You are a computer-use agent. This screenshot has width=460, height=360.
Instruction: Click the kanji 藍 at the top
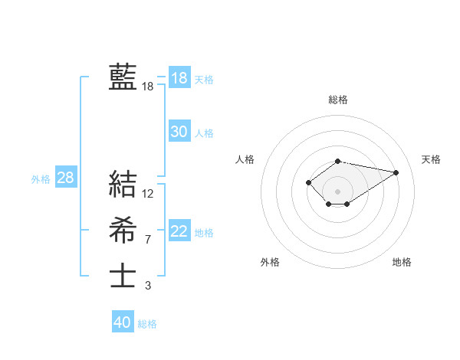click(x=123, y=77)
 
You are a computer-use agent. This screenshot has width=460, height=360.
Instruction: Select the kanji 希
click(x=123, y=231)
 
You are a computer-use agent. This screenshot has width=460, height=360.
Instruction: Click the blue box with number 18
click(x=179, y=78)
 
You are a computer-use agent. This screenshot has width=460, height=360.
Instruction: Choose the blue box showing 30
click(x=179, y=132)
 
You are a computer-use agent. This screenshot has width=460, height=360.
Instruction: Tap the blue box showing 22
click(x=179, y=231)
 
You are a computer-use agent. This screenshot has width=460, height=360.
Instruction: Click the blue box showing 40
click(x=123, y=322)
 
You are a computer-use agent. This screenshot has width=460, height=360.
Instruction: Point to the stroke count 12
click(x=148, y=194)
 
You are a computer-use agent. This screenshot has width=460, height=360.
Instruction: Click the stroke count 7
click(x=148, y=240)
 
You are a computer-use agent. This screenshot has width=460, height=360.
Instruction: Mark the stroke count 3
click(x=148, y=286)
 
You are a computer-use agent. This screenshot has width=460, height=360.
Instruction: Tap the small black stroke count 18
click(x=148, y=87)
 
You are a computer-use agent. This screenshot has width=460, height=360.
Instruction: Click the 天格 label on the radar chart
click(x=431, y=159)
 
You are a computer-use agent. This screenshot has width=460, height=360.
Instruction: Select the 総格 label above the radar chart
click(x=338, y=100)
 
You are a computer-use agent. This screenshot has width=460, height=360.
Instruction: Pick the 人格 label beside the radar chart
click(x=245, y=159)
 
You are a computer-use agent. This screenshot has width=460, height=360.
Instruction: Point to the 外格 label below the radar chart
click(x=270, y=262)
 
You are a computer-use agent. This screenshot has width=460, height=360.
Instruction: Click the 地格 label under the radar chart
click(x=402, y=262)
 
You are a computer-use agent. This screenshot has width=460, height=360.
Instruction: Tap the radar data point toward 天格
click(x=396, y=172)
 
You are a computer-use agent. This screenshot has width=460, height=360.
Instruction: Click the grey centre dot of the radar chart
click(x=338, y=191)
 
